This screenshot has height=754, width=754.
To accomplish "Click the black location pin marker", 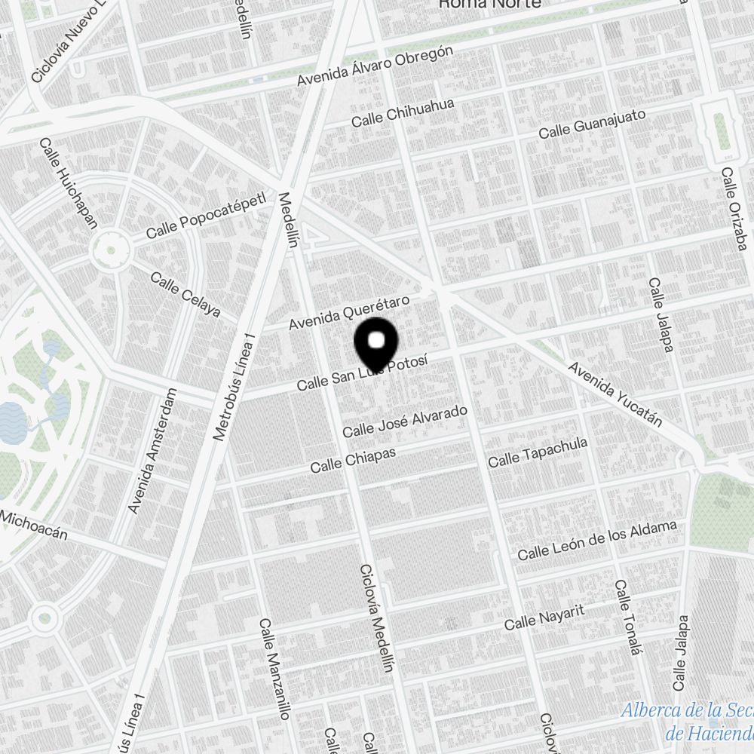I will point(375,344).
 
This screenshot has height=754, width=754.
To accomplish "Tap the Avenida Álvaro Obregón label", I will point(375,66).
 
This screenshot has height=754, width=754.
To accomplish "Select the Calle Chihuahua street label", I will point(403,113).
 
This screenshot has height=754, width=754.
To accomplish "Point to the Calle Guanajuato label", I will point(592,124).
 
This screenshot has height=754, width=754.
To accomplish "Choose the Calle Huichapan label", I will point(69,182).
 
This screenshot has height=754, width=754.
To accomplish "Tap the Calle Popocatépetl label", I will point(207,216).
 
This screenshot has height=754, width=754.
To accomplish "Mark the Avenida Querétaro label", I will point(350,313).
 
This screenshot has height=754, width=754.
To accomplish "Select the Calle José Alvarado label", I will point(405,421).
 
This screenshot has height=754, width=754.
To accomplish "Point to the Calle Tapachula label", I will point(537,452).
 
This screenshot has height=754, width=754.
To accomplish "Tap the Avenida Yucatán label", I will point(615,394).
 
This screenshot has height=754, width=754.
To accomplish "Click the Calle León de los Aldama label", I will point(596,541).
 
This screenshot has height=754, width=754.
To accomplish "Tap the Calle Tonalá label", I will point(627,618).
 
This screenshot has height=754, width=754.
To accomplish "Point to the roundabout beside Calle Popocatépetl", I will point(110,248).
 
